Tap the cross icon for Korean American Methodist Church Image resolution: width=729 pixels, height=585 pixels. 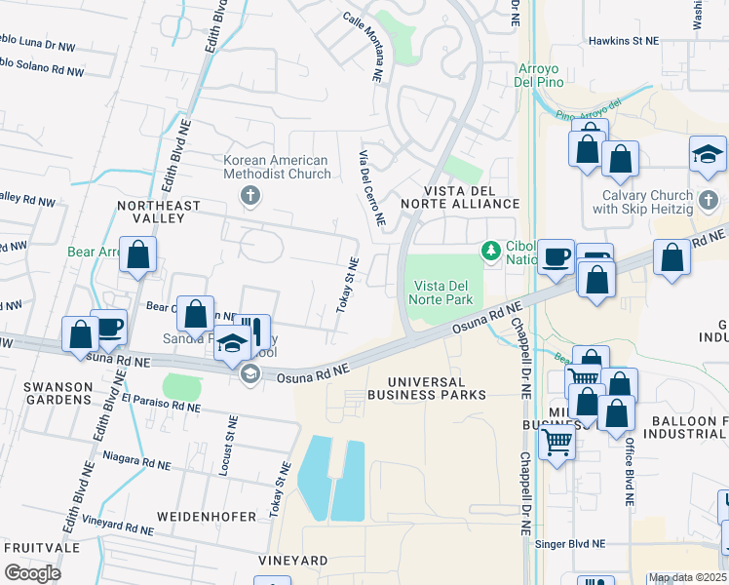(x=250, y=197)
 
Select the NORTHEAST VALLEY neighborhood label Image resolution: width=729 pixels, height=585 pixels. (x=158, y=213)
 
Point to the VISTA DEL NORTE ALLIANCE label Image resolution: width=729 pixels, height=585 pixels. (x=471, y=196)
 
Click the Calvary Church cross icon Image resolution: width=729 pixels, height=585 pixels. (x=709, y=200)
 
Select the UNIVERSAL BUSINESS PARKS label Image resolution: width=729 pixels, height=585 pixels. (x=426, y=387)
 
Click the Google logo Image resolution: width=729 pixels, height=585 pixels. (x=33, y=572)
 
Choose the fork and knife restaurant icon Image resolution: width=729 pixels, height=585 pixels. (x=254, y=331)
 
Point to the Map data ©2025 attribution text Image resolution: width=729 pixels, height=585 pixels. (x=686, y=577)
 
